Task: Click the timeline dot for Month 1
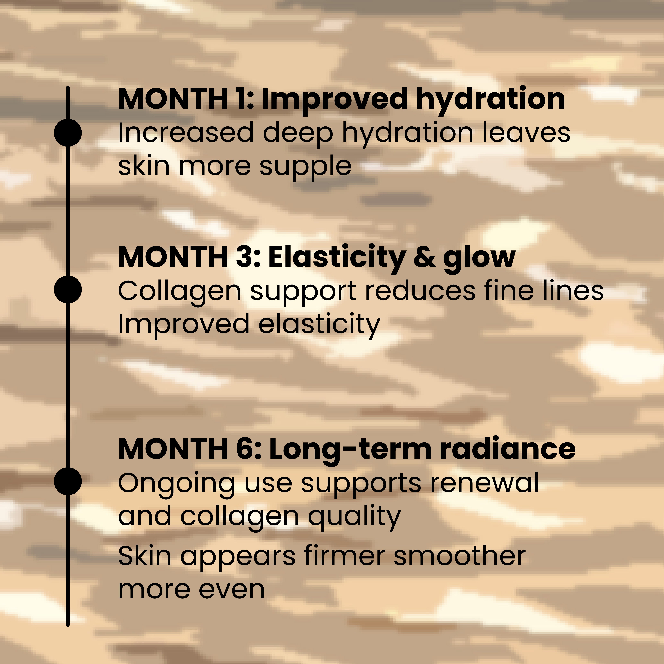[x=68, y=133]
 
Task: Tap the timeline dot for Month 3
[x=68, y=289]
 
